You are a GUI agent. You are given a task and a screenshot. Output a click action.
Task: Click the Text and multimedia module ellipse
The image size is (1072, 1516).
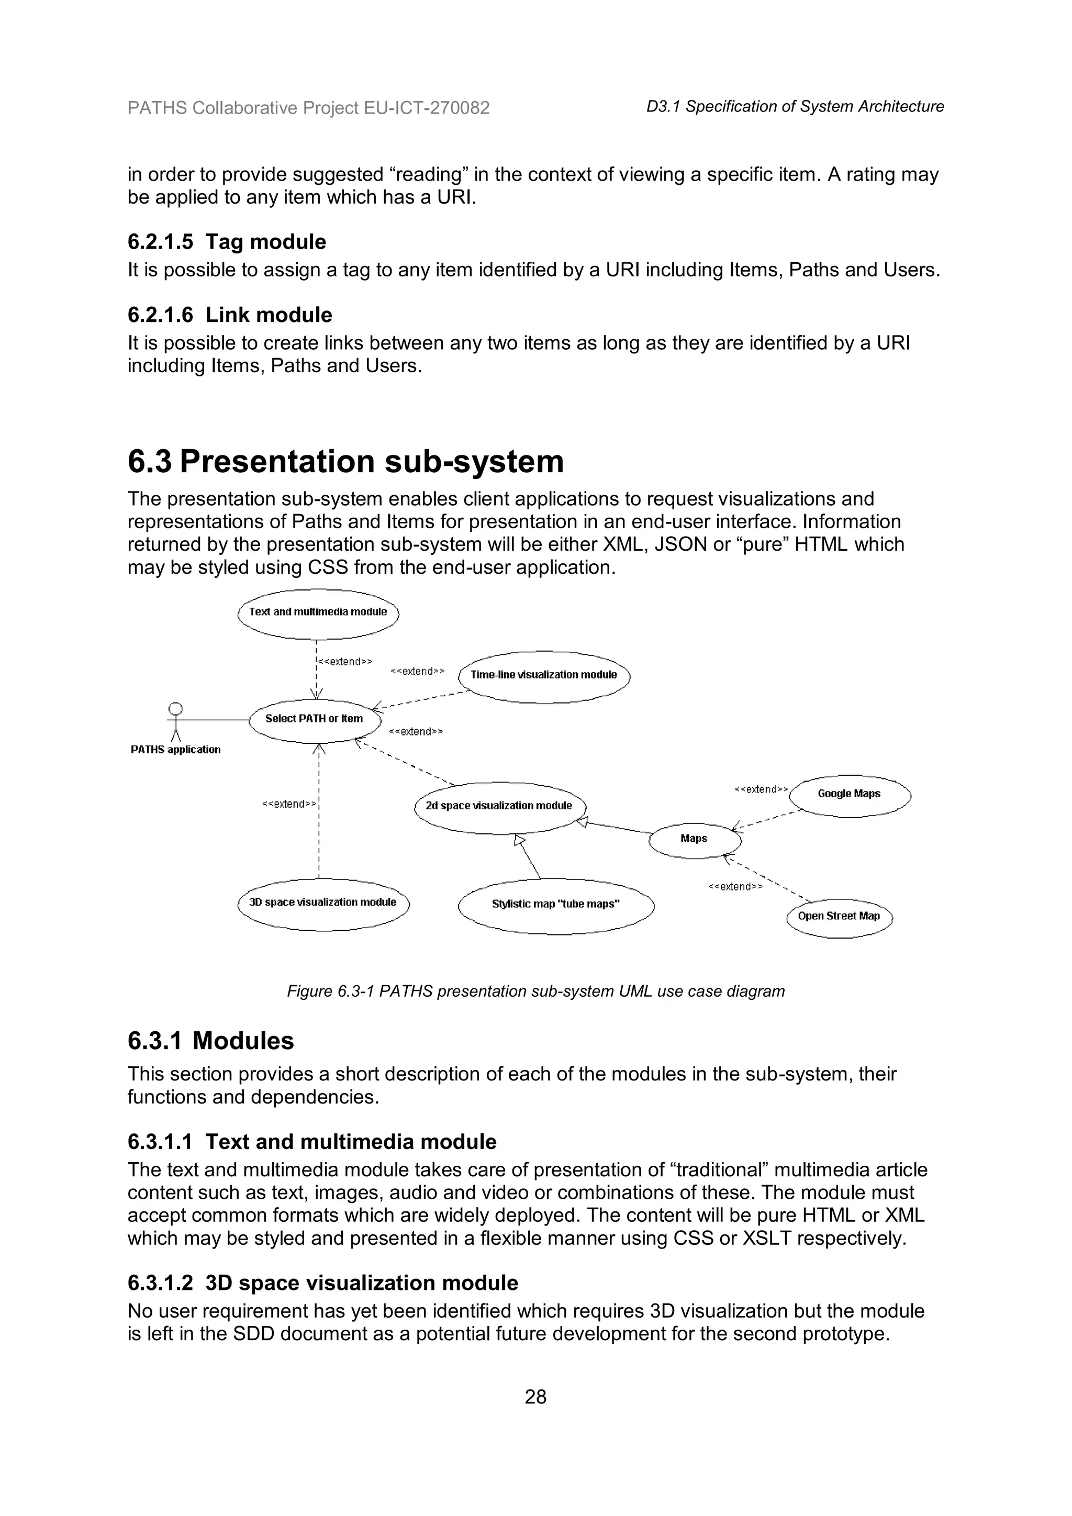point(318,614)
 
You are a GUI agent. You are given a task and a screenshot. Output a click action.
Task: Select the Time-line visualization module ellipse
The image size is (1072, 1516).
point(544,676)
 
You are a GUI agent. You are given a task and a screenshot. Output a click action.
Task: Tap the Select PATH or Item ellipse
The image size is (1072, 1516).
point(315,720)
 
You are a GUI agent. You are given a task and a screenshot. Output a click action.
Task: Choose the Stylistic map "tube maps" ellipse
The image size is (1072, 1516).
point(556,905)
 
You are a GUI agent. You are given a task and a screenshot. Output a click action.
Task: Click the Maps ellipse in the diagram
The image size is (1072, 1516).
point(695,840)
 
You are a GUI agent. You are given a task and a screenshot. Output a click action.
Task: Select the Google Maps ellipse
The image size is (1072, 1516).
point(850,795)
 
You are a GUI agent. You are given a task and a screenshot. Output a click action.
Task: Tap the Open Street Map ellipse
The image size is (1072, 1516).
point(839,917)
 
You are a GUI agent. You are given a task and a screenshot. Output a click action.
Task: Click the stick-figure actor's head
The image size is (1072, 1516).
point(175,708)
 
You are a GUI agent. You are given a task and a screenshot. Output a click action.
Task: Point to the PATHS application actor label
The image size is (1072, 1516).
point(175,750)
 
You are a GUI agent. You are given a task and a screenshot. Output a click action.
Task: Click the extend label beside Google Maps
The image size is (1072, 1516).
point(761,789)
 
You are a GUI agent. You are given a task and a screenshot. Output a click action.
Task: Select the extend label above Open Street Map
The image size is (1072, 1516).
point(735,887)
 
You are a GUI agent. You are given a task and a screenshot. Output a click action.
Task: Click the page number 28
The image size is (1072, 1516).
point(535,1397)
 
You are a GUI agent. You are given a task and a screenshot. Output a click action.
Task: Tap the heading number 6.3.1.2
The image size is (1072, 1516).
point(160,1283)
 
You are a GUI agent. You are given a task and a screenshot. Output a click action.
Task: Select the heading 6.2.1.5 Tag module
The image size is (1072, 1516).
point(227,242)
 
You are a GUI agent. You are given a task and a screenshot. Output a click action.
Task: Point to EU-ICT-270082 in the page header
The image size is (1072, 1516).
point(427,108)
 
